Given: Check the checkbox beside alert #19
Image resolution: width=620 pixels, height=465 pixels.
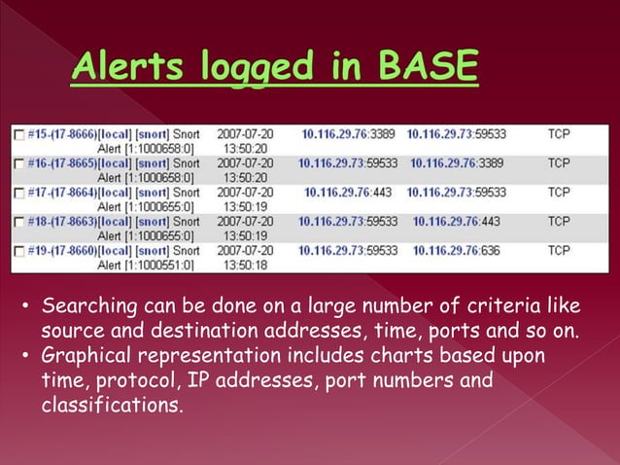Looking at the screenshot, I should click(17, 251).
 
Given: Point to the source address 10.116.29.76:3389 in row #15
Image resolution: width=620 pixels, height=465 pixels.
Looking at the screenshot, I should click(347, 133).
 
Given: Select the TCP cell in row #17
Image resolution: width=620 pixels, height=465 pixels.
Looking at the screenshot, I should click(559, 193).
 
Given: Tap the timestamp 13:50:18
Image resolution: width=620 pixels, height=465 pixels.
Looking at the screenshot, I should click(245, 265).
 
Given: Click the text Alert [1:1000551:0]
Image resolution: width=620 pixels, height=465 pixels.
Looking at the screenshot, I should click(148, 265).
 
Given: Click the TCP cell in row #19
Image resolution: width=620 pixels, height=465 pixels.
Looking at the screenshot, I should click(559, 250).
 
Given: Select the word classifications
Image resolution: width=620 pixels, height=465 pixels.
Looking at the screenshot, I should click(111, 404).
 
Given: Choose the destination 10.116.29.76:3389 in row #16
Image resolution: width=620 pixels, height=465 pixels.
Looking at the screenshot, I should click(458, 163).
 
